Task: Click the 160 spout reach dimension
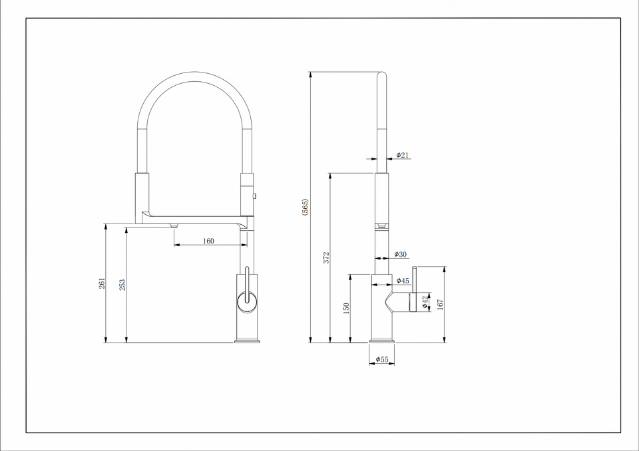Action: (x=208, y=241)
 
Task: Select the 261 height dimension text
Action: (x=102, y=283)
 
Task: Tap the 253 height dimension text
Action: (x=122, y=285)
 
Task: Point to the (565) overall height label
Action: (x=306, y=208)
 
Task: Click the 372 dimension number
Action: (x=326, y=257)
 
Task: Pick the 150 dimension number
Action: (x=346, y=308)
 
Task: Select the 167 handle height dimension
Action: (x=440, y=305)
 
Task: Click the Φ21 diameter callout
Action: (x=402, y=155)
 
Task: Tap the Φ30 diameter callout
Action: (x=401, y=254)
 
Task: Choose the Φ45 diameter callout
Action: (x=403, y=280)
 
